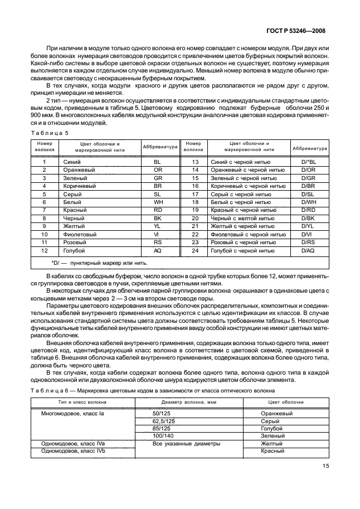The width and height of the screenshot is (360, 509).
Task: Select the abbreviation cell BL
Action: tap(157, 161)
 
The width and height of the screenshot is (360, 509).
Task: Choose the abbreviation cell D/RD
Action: tap(308, 210)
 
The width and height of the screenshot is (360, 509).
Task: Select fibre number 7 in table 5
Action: tap(43, 210)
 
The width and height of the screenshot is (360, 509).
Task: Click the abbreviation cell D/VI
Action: tap(308, 234)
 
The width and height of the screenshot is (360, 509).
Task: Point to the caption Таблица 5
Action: tap(49, 133)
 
